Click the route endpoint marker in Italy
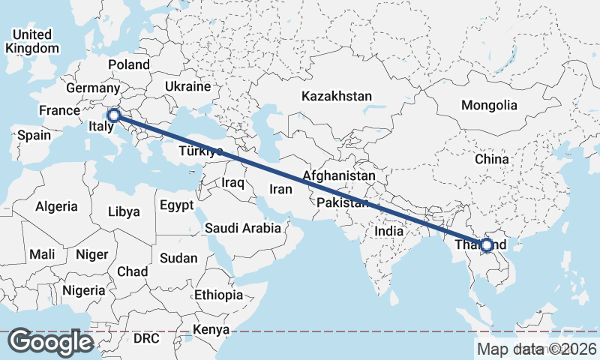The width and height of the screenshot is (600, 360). coord(113,115)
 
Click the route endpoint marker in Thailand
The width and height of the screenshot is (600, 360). coord(487,244)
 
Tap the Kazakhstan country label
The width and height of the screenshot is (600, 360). coord(337,96)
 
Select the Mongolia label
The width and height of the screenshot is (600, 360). coord(489,105)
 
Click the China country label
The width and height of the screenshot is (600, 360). coord(491,159)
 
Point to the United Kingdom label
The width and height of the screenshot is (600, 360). coord(31,41)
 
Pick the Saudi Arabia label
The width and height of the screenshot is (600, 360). coord(242,228)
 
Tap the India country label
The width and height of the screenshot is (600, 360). coord(388,232)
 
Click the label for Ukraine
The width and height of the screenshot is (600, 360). coord(187,86)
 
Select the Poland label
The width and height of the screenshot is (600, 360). coord(129,64)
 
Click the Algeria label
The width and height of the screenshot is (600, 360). coord(57,205)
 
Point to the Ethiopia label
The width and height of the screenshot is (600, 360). coord(218,295)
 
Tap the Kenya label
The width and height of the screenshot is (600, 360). coord(211,329)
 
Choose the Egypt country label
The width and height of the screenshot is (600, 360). coord(176,205)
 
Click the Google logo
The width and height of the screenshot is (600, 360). coord(51,342)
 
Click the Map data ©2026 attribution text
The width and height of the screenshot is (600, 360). coord(536,349)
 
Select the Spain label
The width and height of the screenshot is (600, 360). coord(34,136)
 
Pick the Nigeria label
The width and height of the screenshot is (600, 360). coord(83,289)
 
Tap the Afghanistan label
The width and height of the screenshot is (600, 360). coord(338,175)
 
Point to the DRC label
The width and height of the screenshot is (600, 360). coord(146,338)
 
